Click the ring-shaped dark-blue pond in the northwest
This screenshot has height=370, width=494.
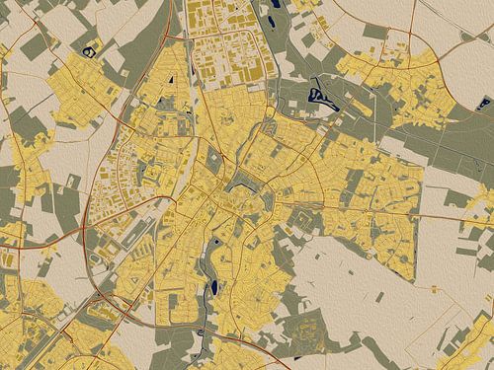(91, 49)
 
